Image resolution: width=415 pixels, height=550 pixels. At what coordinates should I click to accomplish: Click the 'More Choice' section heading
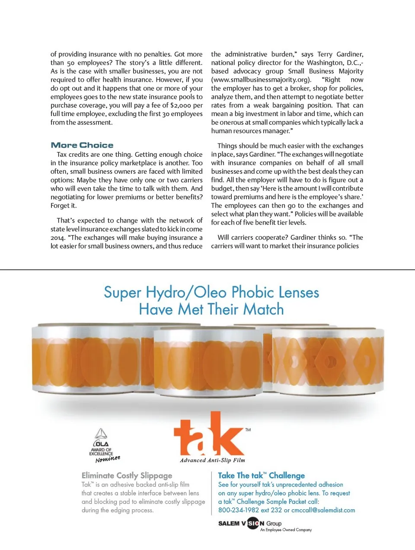point(82,145)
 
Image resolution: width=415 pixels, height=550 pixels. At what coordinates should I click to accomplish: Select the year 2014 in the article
point(57,238)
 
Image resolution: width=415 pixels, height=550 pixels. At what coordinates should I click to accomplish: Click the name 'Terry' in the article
point(325,54)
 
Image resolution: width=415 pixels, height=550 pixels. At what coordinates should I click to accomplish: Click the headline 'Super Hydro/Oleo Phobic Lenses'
point(211,292)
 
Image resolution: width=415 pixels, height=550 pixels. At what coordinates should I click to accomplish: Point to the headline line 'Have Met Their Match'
point(211,310)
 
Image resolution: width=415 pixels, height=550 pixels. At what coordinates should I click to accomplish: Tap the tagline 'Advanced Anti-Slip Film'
point(212,460)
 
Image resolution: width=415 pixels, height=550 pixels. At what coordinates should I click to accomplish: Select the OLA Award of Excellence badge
point(103,445)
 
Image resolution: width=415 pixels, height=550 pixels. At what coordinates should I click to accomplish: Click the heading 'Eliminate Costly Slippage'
point(127,476)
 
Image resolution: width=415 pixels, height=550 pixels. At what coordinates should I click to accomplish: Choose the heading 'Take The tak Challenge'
point(261,476)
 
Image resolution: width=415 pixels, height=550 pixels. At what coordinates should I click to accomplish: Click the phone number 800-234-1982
point(239,510)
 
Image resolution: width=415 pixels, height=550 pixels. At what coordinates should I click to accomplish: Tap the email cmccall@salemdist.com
point(323,510)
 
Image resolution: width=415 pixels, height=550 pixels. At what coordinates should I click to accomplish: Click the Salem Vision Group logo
point(250,524)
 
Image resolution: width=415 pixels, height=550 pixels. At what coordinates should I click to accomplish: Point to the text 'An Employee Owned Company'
point(286,530)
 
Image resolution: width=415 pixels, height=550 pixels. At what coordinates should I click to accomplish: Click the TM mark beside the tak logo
point(248,430)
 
